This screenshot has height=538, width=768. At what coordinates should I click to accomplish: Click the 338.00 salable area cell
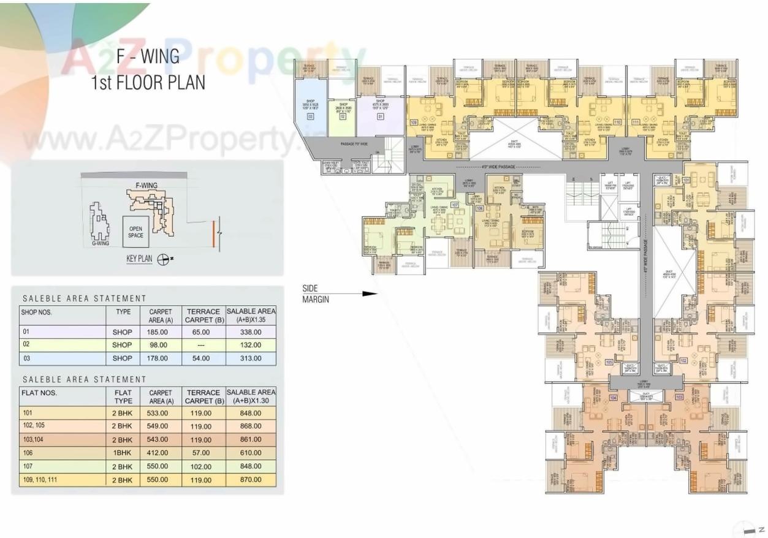pyautogui.click(x=251, y=332)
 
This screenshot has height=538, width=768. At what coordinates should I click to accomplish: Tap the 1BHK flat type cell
pyautogui.click(x=122, y=453)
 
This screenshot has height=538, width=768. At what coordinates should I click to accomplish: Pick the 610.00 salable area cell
pyautogui.click(x=251, y=453)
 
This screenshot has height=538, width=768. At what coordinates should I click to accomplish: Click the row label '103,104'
pyautogui.click(x=36, y=440)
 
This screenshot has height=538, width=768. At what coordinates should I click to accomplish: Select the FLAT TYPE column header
pyautogui.click(x=123, y=396)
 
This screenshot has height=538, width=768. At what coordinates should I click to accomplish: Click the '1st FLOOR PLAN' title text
pyautogui.click(x=148, y=83)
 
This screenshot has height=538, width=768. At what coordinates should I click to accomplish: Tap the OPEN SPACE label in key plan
pyautogui.click(x=135, y=232)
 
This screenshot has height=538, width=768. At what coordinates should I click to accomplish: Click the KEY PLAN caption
pyautogui.click(x=139, y=259)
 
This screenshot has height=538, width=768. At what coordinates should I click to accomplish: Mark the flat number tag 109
pyautogui.click(x=414, y=123)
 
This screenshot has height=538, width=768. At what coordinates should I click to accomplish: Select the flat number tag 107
pyautogui.click(x=455, y=205)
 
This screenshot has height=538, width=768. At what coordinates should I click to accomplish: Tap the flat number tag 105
pyautogui.click(x=609, y=362)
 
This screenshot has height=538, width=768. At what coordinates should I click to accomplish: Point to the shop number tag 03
pyautogui.click(x=311, y=115)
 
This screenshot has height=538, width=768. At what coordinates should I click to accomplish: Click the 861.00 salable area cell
pyautogui.click(x=251, y=440)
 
